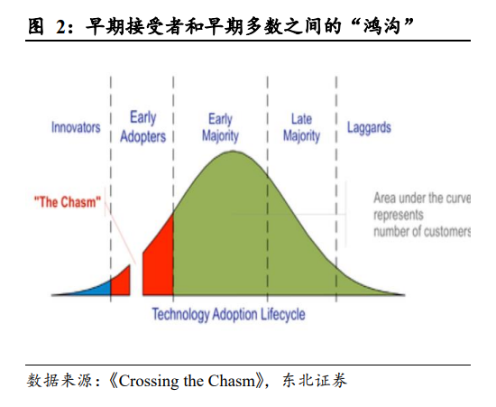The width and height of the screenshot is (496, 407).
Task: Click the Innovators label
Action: [x=76, y=127]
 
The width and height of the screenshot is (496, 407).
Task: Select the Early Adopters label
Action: [x=143, y=127]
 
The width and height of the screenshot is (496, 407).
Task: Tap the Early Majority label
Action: [x=220, y=127]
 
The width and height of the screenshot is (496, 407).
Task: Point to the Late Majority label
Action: [x=301, y=127]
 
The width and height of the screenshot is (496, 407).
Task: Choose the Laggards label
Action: [x=369, y=128]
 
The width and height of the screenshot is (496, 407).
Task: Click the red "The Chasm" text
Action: [x=68, y=202]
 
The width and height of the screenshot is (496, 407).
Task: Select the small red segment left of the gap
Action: [x=121, y=283]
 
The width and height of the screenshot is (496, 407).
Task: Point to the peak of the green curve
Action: [x=234, y=152]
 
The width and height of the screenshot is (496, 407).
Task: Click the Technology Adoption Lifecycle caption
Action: [x=228, y=314]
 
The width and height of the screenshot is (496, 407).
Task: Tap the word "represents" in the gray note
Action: [x=399, y=215]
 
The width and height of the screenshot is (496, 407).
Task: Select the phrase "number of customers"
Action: [x=422, y=231]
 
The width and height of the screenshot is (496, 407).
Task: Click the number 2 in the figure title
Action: [x=61, y=26]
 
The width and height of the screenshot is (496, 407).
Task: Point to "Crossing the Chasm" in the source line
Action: [x=187, y=381]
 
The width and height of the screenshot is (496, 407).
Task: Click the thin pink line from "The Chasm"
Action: [x=120, y=233]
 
